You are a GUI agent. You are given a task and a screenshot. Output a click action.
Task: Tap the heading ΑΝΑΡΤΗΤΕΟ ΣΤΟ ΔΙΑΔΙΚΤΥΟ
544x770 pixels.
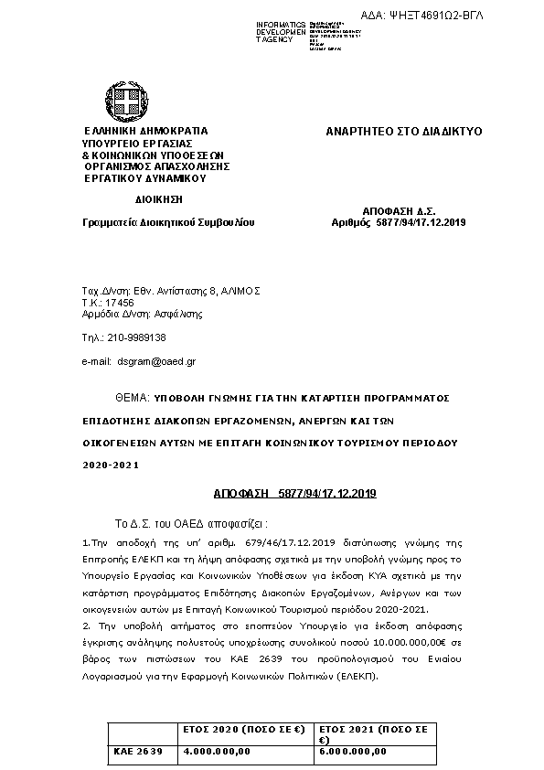coord(403,132)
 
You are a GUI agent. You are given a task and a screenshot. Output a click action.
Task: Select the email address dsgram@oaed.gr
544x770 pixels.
coord(156,361)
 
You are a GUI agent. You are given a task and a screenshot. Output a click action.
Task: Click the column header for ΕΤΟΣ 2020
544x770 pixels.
coord(242,729)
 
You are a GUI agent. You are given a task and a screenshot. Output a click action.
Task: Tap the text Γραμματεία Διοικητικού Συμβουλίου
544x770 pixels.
coord(168,222)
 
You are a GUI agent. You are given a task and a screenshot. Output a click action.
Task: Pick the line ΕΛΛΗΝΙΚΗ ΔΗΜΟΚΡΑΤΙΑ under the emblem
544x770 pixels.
coord(145,132)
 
